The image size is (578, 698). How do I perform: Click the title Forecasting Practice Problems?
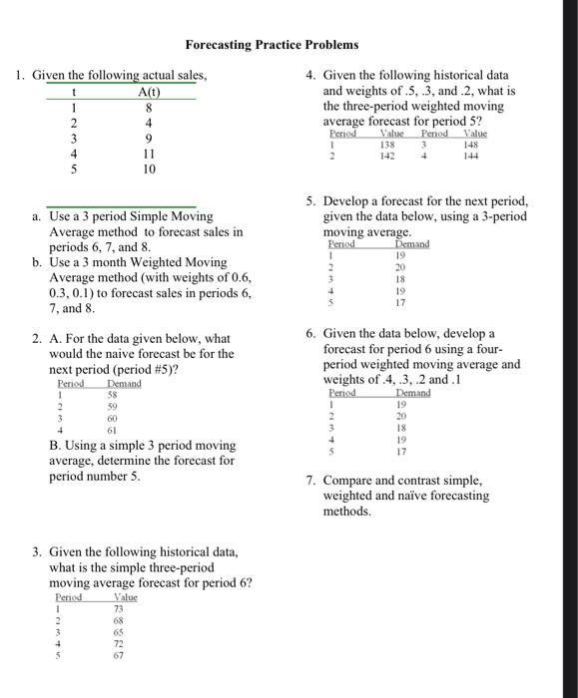pyautogui.click(x=271, y=45)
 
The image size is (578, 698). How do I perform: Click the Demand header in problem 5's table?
pyautogui.click(x=411, y=243)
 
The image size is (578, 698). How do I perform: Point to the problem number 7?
pyautogui.click(x=311, y=481)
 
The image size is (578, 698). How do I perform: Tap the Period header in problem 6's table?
pyautogui.click(x=341, y=393)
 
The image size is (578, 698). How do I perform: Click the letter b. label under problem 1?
pyautogui.click(x=36, y=262)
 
